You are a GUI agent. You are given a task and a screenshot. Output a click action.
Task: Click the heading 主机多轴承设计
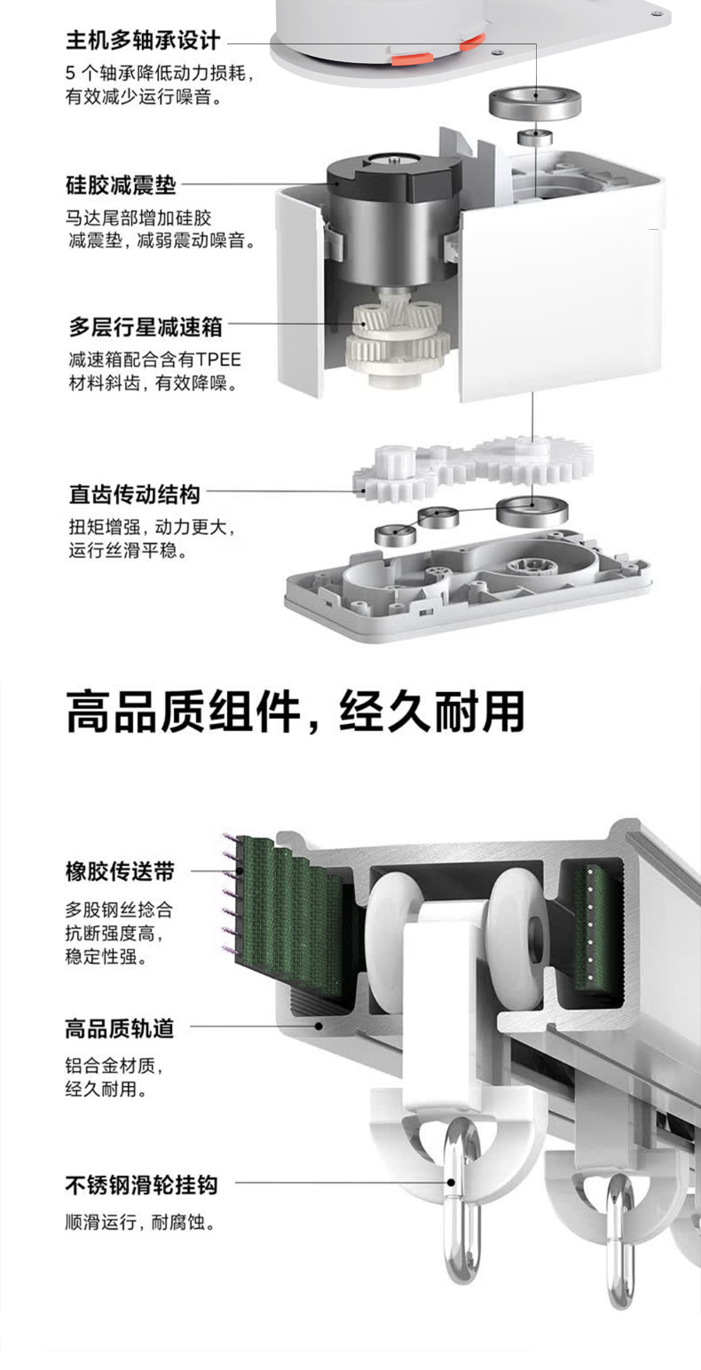tap(143, 40)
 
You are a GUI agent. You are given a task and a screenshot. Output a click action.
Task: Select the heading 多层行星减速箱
tap(146, 327)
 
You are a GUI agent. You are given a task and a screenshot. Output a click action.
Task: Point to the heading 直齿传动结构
tap(134, 493)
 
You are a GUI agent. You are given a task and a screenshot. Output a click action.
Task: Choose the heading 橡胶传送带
tap(120, 871)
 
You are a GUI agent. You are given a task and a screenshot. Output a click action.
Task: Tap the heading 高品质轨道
tap(120, 1028)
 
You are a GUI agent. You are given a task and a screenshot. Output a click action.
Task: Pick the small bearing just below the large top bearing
tap(535, 137)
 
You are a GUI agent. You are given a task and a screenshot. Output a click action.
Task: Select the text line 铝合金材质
tap(114, 1065)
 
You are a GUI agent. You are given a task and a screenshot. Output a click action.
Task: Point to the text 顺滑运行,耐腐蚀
tap(141, 1222)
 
